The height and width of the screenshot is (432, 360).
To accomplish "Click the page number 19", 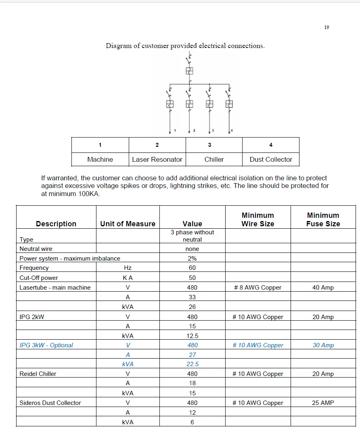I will pyautogui.click(x=327, y=27).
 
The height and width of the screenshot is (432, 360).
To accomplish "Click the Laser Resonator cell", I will pyautogui.click(x=157, y=159).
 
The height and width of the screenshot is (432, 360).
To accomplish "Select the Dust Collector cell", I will pyautogui.click(x=271, y=159).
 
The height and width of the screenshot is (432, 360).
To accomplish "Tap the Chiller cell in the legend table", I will pyautogui.click(x=214, y=159).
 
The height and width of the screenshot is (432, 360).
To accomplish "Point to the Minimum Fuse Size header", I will pyautogui.click(x=323, y=219).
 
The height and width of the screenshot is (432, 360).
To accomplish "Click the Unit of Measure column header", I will pyautogui.click(x=128, y=223).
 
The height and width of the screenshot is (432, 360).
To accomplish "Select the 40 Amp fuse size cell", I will pyautogui.click(x=323, y=288).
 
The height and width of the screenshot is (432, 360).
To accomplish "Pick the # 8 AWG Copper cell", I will pyautogui.click(x=257, y=288).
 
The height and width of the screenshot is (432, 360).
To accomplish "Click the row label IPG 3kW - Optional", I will pyautogui.click(x=46, y=345).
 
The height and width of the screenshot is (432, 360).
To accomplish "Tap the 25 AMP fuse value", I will pyautogui.click(x=323, y=403).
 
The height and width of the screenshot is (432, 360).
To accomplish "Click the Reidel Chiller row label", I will pyautogui.click(x=38, y=374).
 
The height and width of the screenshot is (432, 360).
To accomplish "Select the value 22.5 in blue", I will pyautogui.click(x=192, y=364).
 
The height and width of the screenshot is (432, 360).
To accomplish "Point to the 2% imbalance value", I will pyautogui.click(x=192, y=259).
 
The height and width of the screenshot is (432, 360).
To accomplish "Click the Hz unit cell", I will pyautogui.click(x=128, y=268).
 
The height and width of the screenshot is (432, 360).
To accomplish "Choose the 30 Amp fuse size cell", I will pyautogui.click(x=323, y=345).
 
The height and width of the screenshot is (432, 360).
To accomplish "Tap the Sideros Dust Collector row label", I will pyautogui.click(x=50, y=403).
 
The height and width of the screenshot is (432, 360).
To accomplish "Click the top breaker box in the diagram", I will pyautogui.click(x=190, y=71).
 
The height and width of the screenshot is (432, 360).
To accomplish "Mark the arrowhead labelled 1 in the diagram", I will pyautogui.click(x=170, y=131).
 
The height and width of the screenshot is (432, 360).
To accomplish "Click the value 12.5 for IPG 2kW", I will pyautogui.click(x=192, y=336).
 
